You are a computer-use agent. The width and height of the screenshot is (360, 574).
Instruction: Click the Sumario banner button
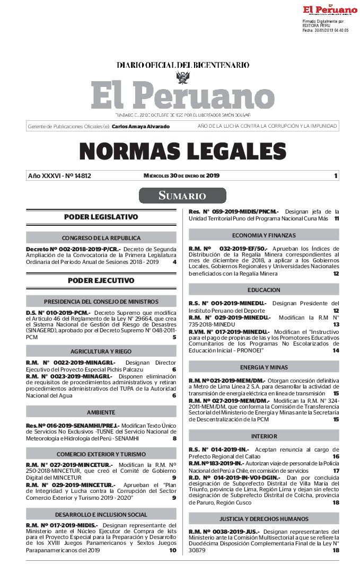click(182, 196)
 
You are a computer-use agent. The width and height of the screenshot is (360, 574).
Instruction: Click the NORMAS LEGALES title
click(182, 152)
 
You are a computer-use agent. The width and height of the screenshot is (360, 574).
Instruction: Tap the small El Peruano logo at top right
click(330, 10)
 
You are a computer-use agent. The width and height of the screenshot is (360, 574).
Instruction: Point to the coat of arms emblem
click(183, 77)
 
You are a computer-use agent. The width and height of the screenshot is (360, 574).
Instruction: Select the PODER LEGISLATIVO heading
click(101, 217)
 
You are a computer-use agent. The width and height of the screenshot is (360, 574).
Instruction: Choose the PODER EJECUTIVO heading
click(101, 280)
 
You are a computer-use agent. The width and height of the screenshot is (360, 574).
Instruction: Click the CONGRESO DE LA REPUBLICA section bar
click(101, 238)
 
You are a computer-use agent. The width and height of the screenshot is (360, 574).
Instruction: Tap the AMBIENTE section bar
click(101, 412)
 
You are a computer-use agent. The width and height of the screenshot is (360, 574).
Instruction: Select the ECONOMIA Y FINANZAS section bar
click(264, 235)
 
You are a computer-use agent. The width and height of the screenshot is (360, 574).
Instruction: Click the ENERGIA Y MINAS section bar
click(264, 367)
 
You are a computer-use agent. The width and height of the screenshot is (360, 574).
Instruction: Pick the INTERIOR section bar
click(264, 436)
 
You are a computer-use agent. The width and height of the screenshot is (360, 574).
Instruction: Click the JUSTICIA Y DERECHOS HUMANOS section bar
click(264, 518)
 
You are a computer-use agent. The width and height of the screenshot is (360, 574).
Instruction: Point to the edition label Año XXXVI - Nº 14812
click(59, 176)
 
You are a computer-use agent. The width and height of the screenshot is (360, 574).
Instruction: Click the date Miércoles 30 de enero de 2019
click(181, 176)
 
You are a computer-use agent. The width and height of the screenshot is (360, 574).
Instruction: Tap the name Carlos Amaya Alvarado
click(141, 127)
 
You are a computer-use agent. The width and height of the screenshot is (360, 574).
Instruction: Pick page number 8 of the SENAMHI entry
click(174, 438)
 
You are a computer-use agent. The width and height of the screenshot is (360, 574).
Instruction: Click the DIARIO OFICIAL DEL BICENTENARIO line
click(183, 65)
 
